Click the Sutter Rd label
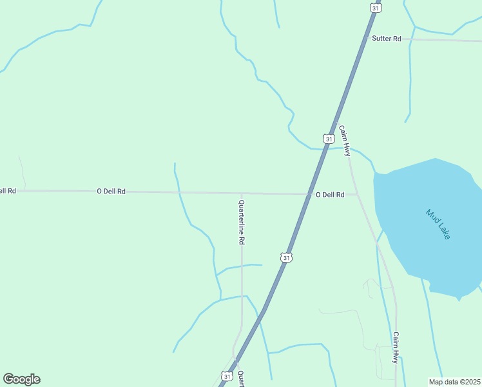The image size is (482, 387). pyautogui.click(x=387, y=39)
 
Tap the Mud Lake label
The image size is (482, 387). pyautogui.click(x=438, y=224)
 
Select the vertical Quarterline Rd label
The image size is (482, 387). pyautogui.click(x=242, y=221)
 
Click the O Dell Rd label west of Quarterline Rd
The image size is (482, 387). pyautogui.click(x=111, y=192)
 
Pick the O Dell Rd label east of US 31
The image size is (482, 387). pyautogui.click(x=329, y=195)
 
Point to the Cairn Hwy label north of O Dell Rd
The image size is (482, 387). pyautogui.click(x=345, y=141)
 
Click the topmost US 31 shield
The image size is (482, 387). pyautogui.click(x=376, y=7)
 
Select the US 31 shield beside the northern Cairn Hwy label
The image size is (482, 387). pyautogui.click(x=329, y=139)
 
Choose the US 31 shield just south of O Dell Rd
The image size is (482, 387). pyautogui.click(x=286, y=257)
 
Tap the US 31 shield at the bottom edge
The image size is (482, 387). pyautogui.click(x=226, y=375)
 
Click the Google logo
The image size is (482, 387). pyautogui.click(x=21, y=379)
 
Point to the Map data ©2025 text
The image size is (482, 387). pyautogui.click(x=454, y=382)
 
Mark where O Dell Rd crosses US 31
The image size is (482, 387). pyautogui.click(x=307, y=193)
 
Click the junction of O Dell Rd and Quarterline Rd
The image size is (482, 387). pyautogui.click(x=242, y=193)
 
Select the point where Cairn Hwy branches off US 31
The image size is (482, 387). pyautogui.click(x=336, y=120)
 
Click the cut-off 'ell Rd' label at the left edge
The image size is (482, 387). pyautogui.click(x=8, y=191)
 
